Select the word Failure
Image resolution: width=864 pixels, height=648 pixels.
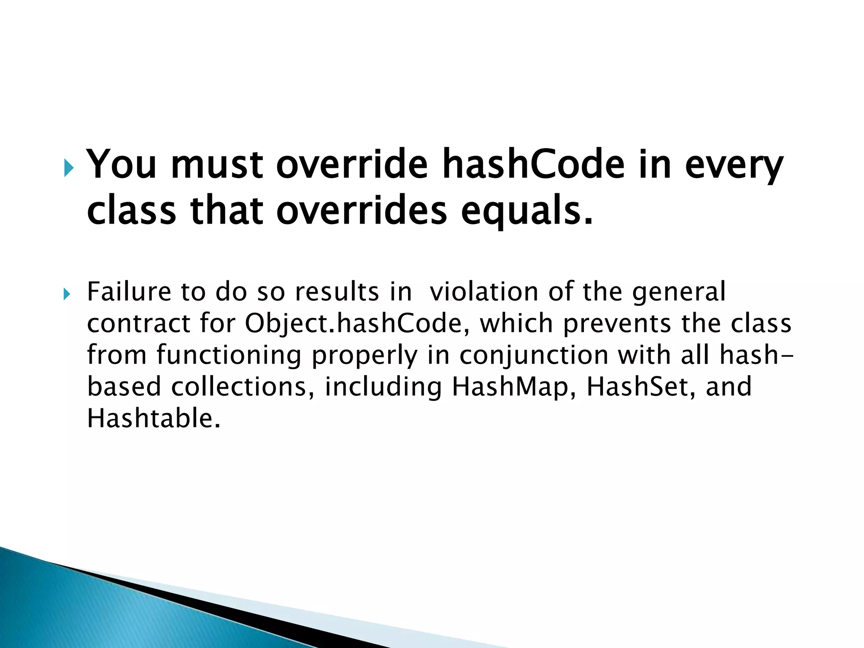point(129,292)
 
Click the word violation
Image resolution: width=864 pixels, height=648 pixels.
point(483,292)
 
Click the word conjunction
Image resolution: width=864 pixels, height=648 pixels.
point(534,356)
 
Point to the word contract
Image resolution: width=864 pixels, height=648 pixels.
point(139,324)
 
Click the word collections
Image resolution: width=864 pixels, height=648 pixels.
point(243,387)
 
